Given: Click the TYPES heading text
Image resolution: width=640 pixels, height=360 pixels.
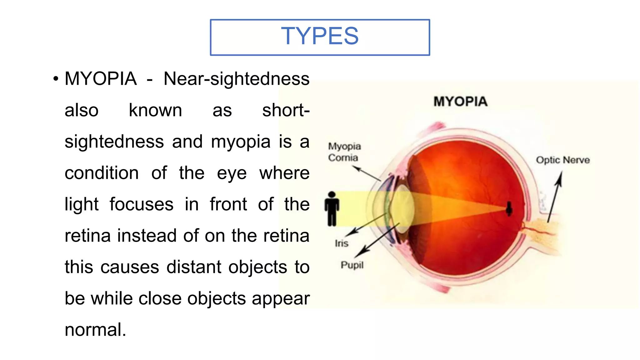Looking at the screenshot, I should (x=320, y=36).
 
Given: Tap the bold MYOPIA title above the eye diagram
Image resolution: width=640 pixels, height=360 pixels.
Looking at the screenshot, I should (x=460, y=102).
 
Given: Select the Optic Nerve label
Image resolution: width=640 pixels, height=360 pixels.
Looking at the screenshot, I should (x=563, y=160).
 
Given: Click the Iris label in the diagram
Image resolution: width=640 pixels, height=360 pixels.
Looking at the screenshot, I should (x=341, y=243).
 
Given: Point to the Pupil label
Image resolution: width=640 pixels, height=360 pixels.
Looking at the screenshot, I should (x=352, y=265).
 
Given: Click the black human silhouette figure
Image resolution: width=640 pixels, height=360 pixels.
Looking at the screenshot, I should (x=332, y=208).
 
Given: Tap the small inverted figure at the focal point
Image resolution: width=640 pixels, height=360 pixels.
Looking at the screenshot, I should (x=509, y=209).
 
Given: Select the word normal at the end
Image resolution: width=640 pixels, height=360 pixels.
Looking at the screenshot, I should (x=95, y=330).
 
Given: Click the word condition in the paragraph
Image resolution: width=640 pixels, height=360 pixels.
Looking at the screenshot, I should (x=102, y=173).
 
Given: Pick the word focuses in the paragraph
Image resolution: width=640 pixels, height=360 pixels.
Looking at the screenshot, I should (x=141, y=204).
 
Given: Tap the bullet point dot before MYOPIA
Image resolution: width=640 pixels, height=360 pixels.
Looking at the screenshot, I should (x=56, y=79).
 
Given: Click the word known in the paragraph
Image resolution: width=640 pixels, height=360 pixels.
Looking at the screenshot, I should (x=155, y=110).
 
